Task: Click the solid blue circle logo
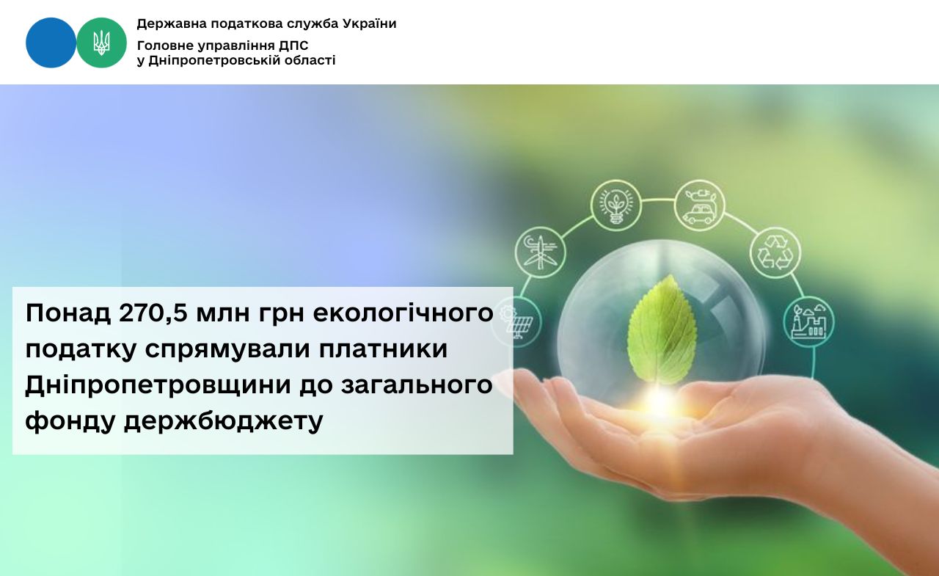[51, 43]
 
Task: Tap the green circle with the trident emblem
[101, 43]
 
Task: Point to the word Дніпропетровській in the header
[215, 60]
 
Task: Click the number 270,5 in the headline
[153, 313]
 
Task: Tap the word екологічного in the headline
[403, 313]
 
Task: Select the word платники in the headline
[383, 349]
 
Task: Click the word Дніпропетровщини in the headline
[158, 384]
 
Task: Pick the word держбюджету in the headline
[224, 421]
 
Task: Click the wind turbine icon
[541, 252]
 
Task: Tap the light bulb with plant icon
[615, 205]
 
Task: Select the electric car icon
[699, 205]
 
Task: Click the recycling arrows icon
[775, 253]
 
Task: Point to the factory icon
[808, 322]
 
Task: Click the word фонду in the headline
[70, 421]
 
